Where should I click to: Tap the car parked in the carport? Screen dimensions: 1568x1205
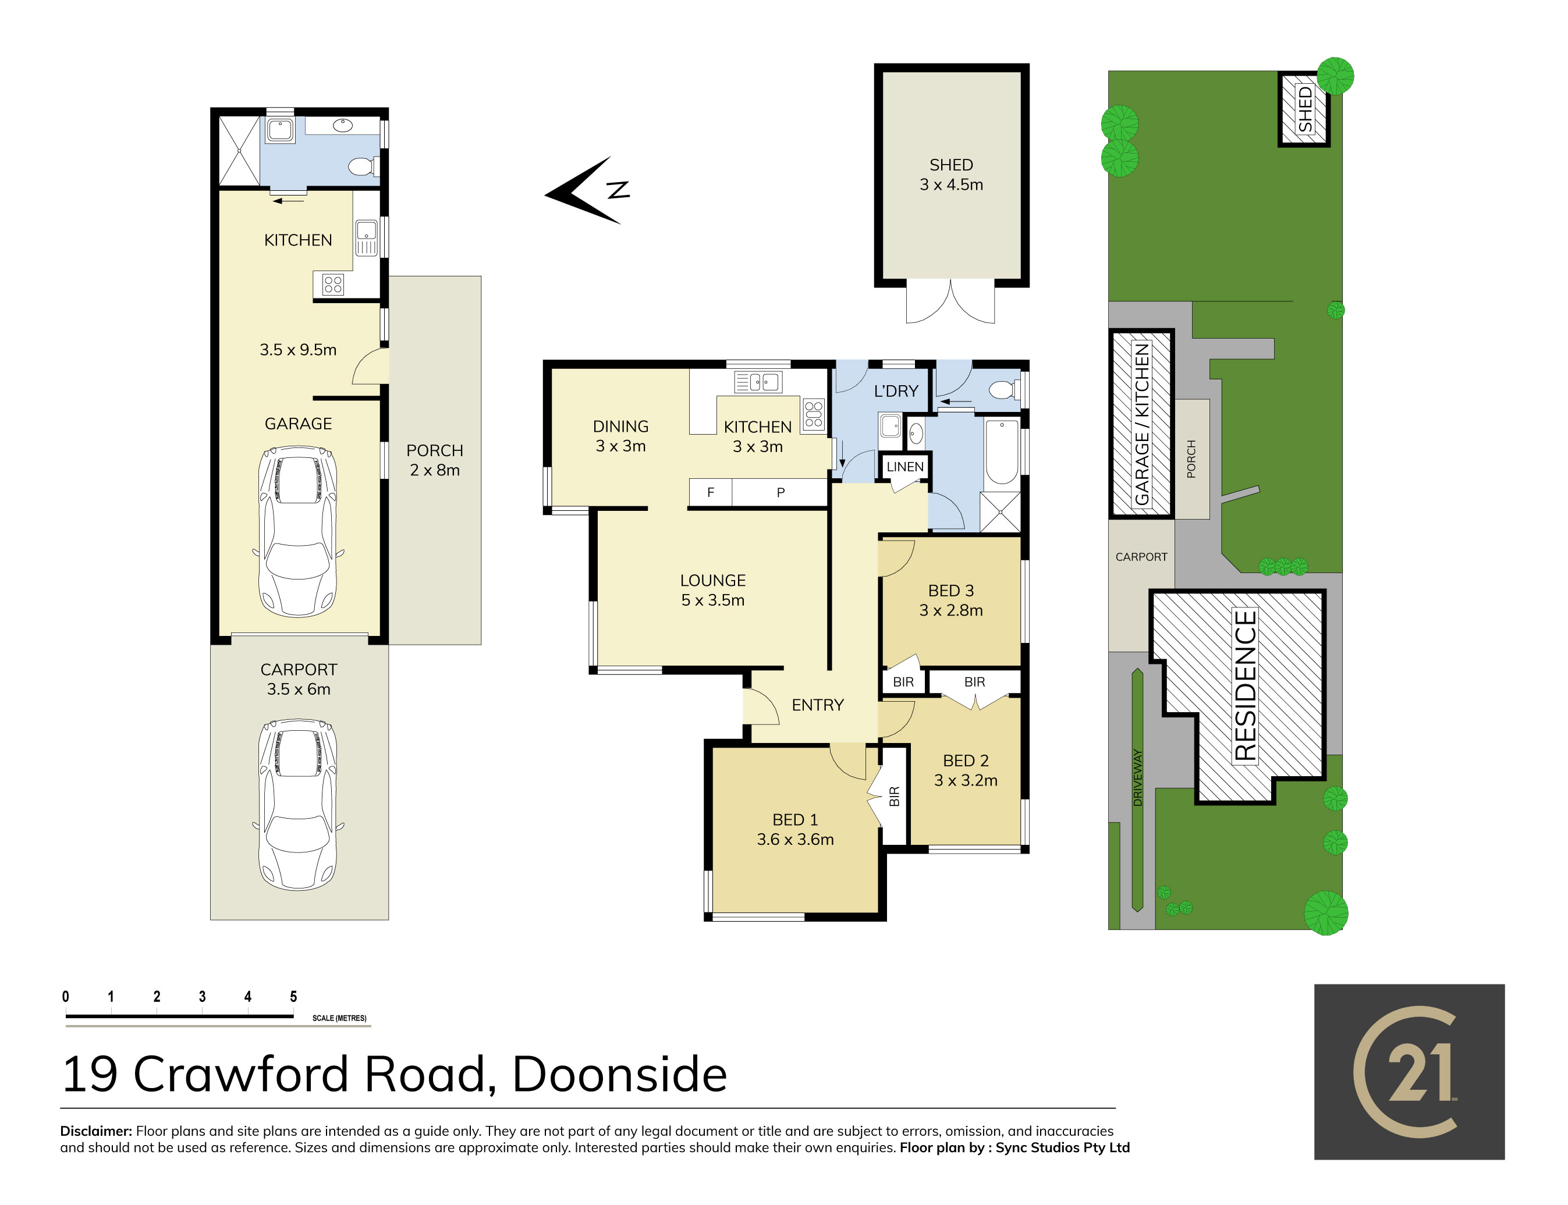[297, 805]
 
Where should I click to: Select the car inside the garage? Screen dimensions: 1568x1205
[297, 531]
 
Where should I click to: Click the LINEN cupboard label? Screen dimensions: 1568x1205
[904, 467]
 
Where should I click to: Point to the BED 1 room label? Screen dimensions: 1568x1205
[794, 820]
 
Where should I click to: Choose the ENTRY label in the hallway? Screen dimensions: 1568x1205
[817, 705]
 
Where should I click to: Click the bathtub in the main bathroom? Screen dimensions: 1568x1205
[1001, 453]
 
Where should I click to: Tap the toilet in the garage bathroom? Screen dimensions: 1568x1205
[362, 166]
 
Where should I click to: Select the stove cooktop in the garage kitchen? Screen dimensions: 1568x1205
[333, 285]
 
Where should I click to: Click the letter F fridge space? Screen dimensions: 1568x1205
[710, 493]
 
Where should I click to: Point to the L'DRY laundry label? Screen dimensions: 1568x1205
[895, 391]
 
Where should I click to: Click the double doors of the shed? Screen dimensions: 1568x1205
[950, 301]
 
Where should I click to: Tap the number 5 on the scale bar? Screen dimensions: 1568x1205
[293, 996]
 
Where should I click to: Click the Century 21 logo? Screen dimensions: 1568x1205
[1408, 1072]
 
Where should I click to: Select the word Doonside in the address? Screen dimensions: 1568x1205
[620, 1075]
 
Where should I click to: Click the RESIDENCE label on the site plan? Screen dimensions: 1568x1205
[1245, 685]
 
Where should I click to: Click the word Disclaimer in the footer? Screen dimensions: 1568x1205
[96, 1131]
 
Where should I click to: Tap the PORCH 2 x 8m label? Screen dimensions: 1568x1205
[435, 460]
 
